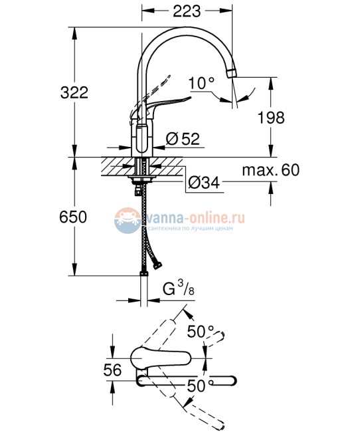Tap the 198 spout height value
(x=271, y=118)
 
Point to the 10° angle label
(x=201, y=84)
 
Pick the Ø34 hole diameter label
(x=203, y=181)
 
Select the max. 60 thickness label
(x=271, y=170)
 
